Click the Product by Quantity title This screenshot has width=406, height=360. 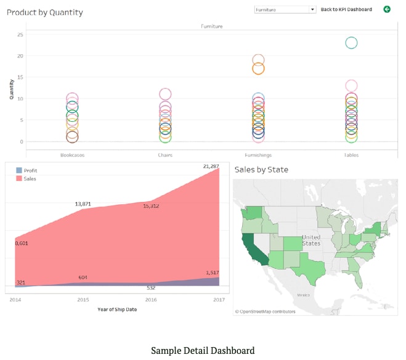pyautogui.click(x=44, y=12)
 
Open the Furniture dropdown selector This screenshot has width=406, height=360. pyautogui.click(x=285, y=10)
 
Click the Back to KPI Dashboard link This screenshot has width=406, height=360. pyautogui.click(x=346, y=10)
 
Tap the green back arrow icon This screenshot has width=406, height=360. pyautogui.click(x=387, y=9)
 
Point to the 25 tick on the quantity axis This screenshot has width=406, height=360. pyautogui.click(x=20, y=34)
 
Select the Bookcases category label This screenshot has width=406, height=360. pyautogui.click(x=72, y=155)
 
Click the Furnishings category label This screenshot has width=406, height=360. pyautogui.click(x=258, y=155)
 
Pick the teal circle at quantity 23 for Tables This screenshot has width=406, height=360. pyautogui.click(x=351, y=42)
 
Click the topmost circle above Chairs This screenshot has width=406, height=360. pyautogui.click(x=165, y=94)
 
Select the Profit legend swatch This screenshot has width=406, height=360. pyautogui.click(x=19, y=170)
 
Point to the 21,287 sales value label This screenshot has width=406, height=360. pyautogui.click(x=211, y=166)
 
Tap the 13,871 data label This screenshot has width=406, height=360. pyautogui.click(x=83, y=204)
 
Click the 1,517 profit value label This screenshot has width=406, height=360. pyautogui.click(x=211, y=273)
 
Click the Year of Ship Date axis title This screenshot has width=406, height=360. pyautogui.click(x=117, y=309)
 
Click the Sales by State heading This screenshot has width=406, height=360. pyautogui.click(x=261, y=169)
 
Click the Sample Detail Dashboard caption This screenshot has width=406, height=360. pyautogui.click(x=203, y=351)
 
